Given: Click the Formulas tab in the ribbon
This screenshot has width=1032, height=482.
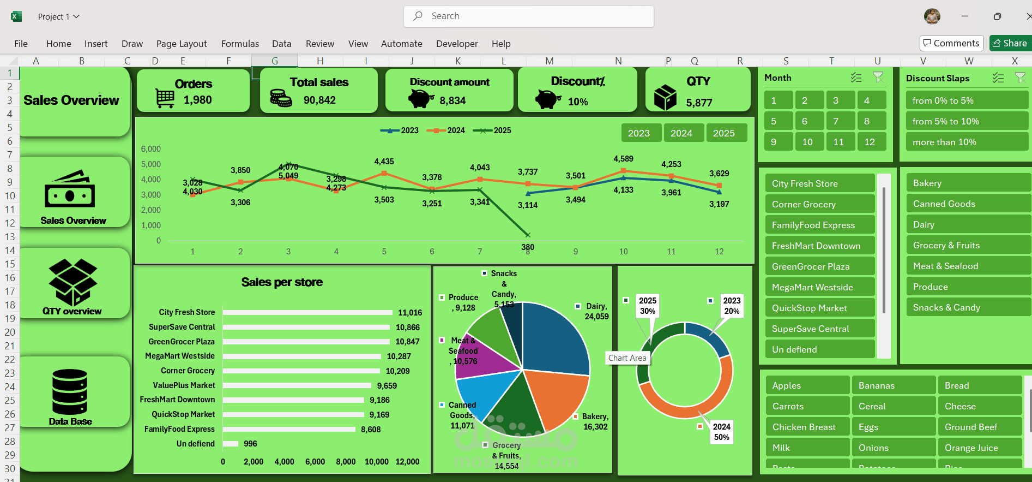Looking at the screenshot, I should (240, 44).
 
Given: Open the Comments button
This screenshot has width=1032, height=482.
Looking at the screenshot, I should (951, 43).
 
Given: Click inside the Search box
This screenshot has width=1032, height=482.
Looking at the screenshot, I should (529, 16).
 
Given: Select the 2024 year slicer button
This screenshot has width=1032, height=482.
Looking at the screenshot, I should (681, 133).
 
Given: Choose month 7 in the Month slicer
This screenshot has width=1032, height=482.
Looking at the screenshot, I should (836, 121).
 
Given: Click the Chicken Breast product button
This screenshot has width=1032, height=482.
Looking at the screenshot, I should (806, 427).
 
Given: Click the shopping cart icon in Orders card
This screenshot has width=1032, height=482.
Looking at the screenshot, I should (165, 99).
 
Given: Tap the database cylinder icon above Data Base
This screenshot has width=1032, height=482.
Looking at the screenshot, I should (70, 391).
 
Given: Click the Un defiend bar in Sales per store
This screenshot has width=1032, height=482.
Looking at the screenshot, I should (230, 444).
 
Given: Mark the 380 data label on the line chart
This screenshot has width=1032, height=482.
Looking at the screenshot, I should (528, 247).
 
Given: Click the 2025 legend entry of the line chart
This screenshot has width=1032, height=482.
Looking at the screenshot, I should (492, 130).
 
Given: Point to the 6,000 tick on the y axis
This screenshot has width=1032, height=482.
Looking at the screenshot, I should (151, 149).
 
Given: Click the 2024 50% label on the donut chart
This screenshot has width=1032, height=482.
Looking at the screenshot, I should (721, 432).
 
